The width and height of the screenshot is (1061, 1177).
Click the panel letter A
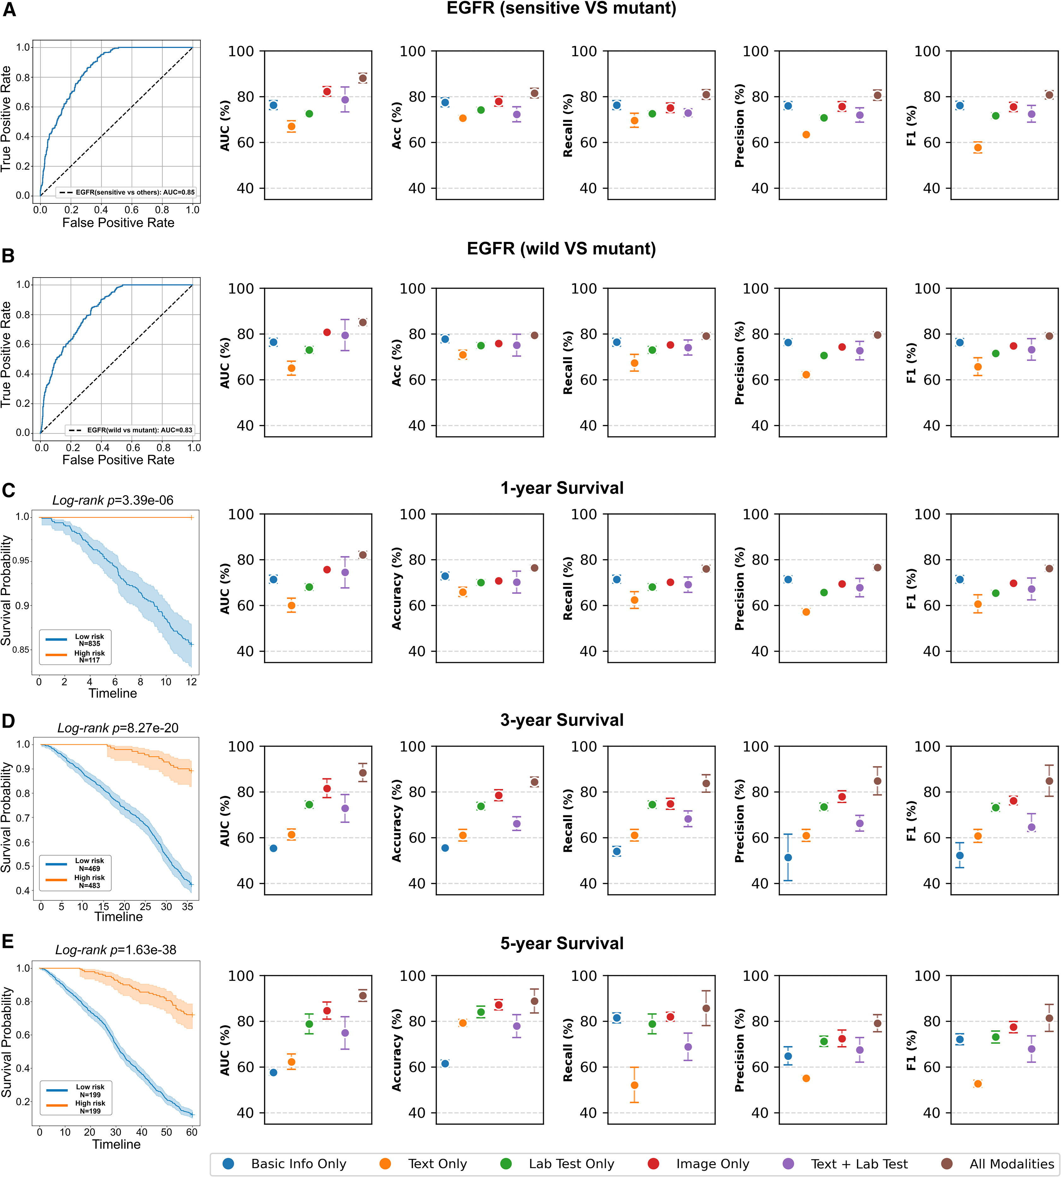click(x=9, y=10)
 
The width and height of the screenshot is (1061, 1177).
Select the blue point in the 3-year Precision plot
click(x=788, y=857)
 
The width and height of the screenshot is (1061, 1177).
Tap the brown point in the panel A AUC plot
click(x=363, y=78)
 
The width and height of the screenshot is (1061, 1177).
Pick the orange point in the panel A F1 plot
click(x=978, y=147)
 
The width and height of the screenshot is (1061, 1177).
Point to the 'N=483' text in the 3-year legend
click(x=89, y=886)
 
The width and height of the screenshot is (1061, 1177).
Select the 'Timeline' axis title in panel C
click(x=113, y=693)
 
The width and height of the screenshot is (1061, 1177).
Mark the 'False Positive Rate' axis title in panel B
click(x=118, y=459)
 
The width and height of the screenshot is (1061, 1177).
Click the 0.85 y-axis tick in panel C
click(x=21, y=649)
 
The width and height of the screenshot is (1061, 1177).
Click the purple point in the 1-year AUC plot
click(x=345, y=572)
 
